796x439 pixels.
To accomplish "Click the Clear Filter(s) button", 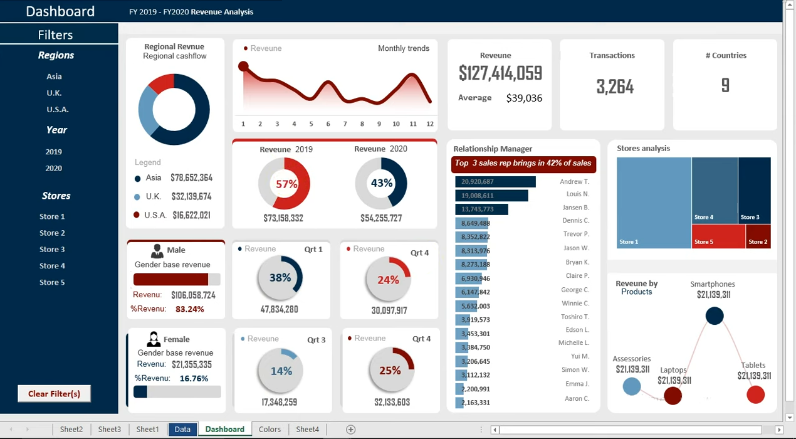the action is tap(54, 393).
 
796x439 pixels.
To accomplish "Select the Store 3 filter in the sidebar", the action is tap(52, 249).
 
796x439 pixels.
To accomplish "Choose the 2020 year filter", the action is tap(54, 168).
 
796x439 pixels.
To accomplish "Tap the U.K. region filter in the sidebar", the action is tap(54, 93).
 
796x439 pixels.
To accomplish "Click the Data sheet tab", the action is tap(182, 429).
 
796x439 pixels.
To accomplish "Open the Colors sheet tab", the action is tap(270, 429).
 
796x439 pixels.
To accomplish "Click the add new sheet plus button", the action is tap(351, 430).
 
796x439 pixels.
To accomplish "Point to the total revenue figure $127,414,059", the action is tap(500, 73).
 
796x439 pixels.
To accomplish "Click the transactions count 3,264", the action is tap(615, 87).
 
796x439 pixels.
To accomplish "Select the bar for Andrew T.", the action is tap(495, 182).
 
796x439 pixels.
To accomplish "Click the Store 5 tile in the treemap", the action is tap(718, 236).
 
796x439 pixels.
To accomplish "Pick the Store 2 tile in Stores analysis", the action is tap(758, 236).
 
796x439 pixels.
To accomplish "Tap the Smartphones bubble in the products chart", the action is tap(715, 315).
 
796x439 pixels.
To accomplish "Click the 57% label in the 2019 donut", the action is tap(286, 184).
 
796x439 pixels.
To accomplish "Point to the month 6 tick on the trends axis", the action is tap(328, 124).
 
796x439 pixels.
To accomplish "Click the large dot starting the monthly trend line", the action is tap(243, 66).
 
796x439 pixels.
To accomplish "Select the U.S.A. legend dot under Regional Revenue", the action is tap(136, 214).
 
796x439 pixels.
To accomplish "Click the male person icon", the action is tap(157, 251).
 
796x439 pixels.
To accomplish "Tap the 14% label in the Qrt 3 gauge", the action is tap(281, 371).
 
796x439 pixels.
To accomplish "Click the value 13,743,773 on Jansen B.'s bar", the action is tap(477, 209).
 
